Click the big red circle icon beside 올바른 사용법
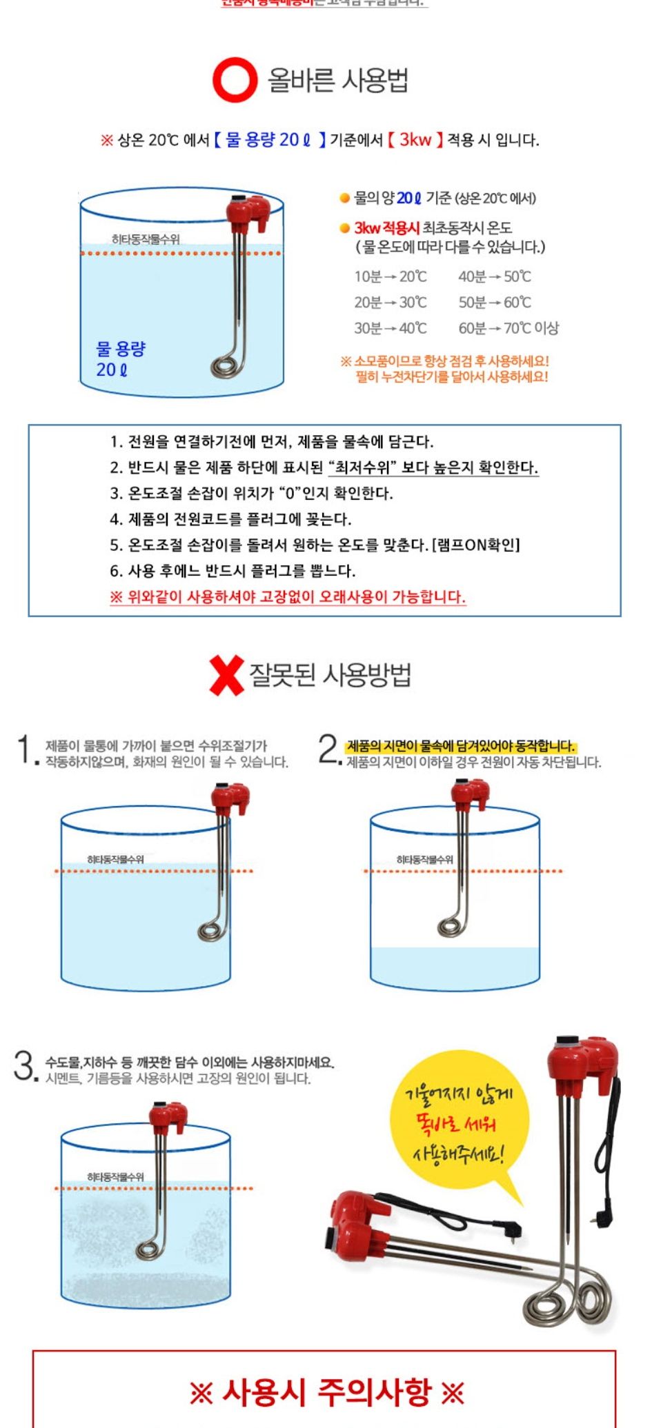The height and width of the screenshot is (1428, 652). pyautogui.click(x=235, y=80)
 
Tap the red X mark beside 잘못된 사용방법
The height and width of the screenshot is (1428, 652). pyautogui.click(x=226, y=675)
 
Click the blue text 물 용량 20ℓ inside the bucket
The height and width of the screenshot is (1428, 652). pyautogui.click(x=120, y=359)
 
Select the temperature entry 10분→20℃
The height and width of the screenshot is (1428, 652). pyautogui.click(x=391, y=276)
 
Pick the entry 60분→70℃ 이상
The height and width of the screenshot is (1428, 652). pyautogui.click(x=508, y=328)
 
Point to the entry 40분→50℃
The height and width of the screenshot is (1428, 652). pyautogui.click(x=495, y=276)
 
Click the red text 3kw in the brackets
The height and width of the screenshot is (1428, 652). pyautogui.click(x=415, y=140)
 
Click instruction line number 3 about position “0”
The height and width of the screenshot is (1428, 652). pyautogui.click(x=252, y=494)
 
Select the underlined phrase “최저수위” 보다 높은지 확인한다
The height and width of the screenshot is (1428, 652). pyautogui.click(x=433, y=468)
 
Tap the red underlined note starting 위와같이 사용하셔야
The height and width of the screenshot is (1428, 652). pyautogui.click(x=288, y=597)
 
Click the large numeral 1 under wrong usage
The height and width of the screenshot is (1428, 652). pyautogui.click(x=25, y=750)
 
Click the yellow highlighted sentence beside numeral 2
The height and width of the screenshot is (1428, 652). pyautogui.click(x=460, y=746)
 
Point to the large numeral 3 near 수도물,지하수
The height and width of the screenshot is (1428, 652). pyautogui.click(x=24, y=1066)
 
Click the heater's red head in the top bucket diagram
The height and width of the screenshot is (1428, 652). pyautogui.click(x=248, y=212)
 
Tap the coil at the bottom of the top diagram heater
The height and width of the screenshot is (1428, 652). pyautogui.click(x=228, y=364)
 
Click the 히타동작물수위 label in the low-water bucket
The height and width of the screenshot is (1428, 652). pyautogui.click(x=424, y=859)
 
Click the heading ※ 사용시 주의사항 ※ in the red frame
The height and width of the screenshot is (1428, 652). pyautogui.click(x=326, y=1392)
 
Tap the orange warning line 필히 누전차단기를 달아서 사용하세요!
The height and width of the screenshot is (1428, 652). pyautogui.click(x=451, y=377)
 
